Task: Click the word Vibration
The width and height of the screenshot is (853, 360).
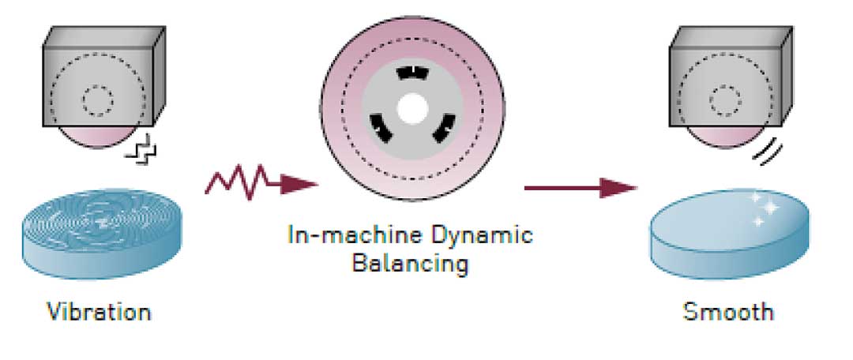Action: point(99,312)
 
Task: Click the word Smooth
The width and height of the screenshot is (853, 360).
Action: point(728,312)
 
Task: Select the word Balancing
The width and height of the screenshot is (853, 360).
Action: point(410,264)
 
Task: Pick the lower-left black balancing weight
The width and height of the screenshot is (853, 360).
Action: point(381,127)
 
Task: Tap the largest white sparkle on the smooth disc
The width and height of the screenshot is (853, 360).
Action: point(771,208)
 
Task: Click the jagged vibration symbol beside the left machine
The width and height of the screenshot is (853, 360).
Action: point(141,152)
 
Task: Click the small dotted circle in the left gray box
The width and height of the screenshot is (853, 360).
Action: point(98,100)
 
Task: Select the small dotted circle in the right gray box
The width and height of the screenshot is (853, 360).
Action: point(725,100)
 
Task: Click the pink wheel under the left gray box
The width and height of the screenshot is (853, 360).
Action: point(98,137)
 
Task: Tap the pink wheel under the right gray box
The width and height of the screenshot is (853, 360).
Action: point(725,137)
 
